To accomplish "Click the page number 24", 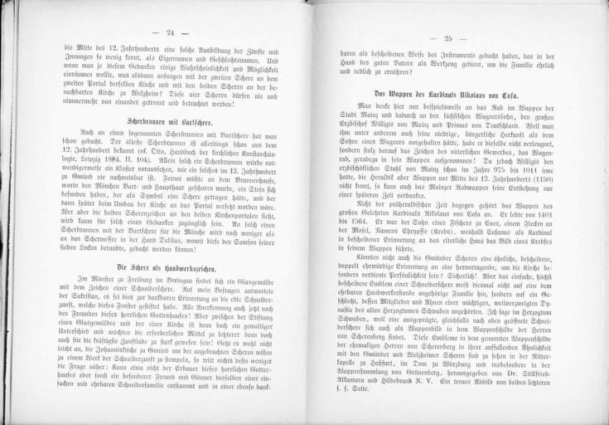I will [x=172, y=32].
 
